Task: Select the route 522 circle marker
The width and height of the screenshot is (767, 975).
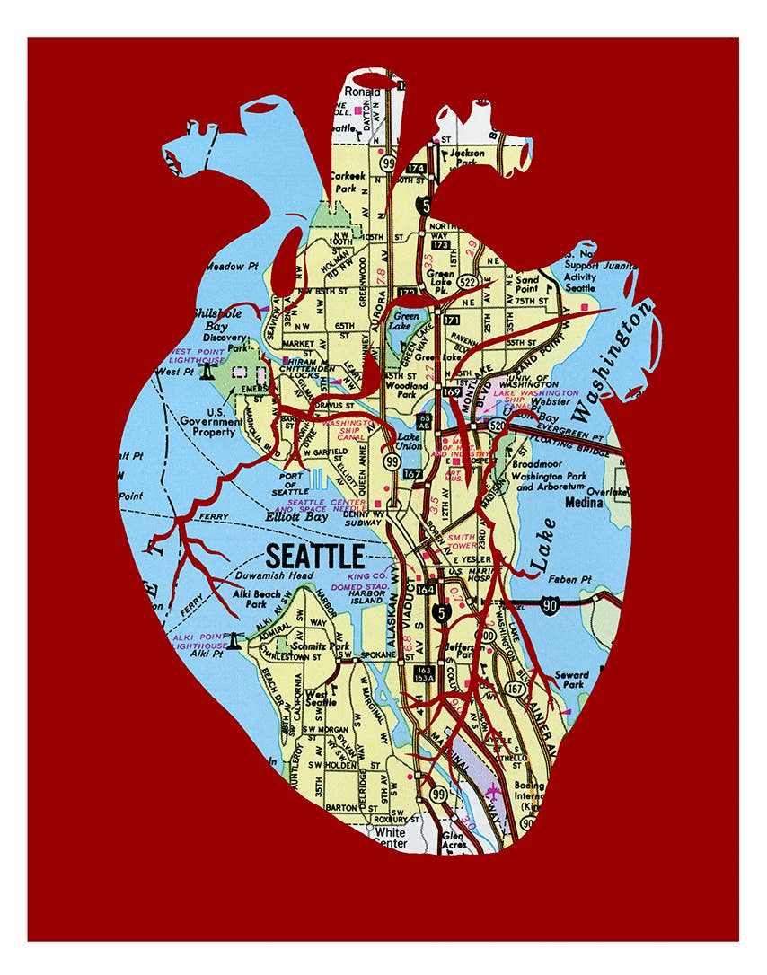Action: pyautogui.click(x=468, y=281)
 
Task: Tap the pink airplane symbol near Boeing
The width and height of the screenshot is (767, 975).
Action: pyautogui.click(x=491, y=791)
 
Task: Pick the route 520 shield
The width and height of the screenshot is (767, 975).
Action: pyautogui.click(x=496, y=429)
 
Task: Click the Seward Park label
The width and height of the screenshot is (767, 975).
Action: pyautogui.click(x=572, y=680)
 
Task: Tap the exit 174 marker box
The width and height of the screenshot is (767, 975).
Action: pyautogui.click(x=415, y=168)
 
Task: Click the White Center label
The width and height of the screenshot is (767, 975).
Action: pyautogui.click(x=391, y=838)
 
